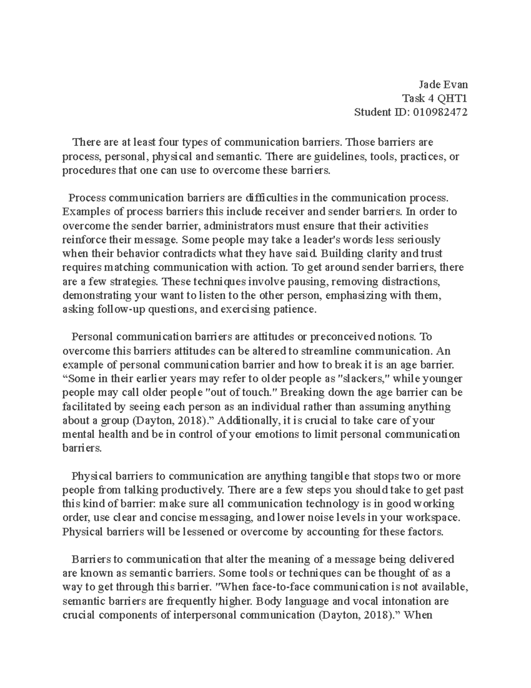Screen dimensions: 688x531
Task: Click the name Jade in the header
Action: click(431, 85)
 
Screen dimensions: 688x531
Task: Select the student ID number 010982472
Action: click(440, 112)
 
